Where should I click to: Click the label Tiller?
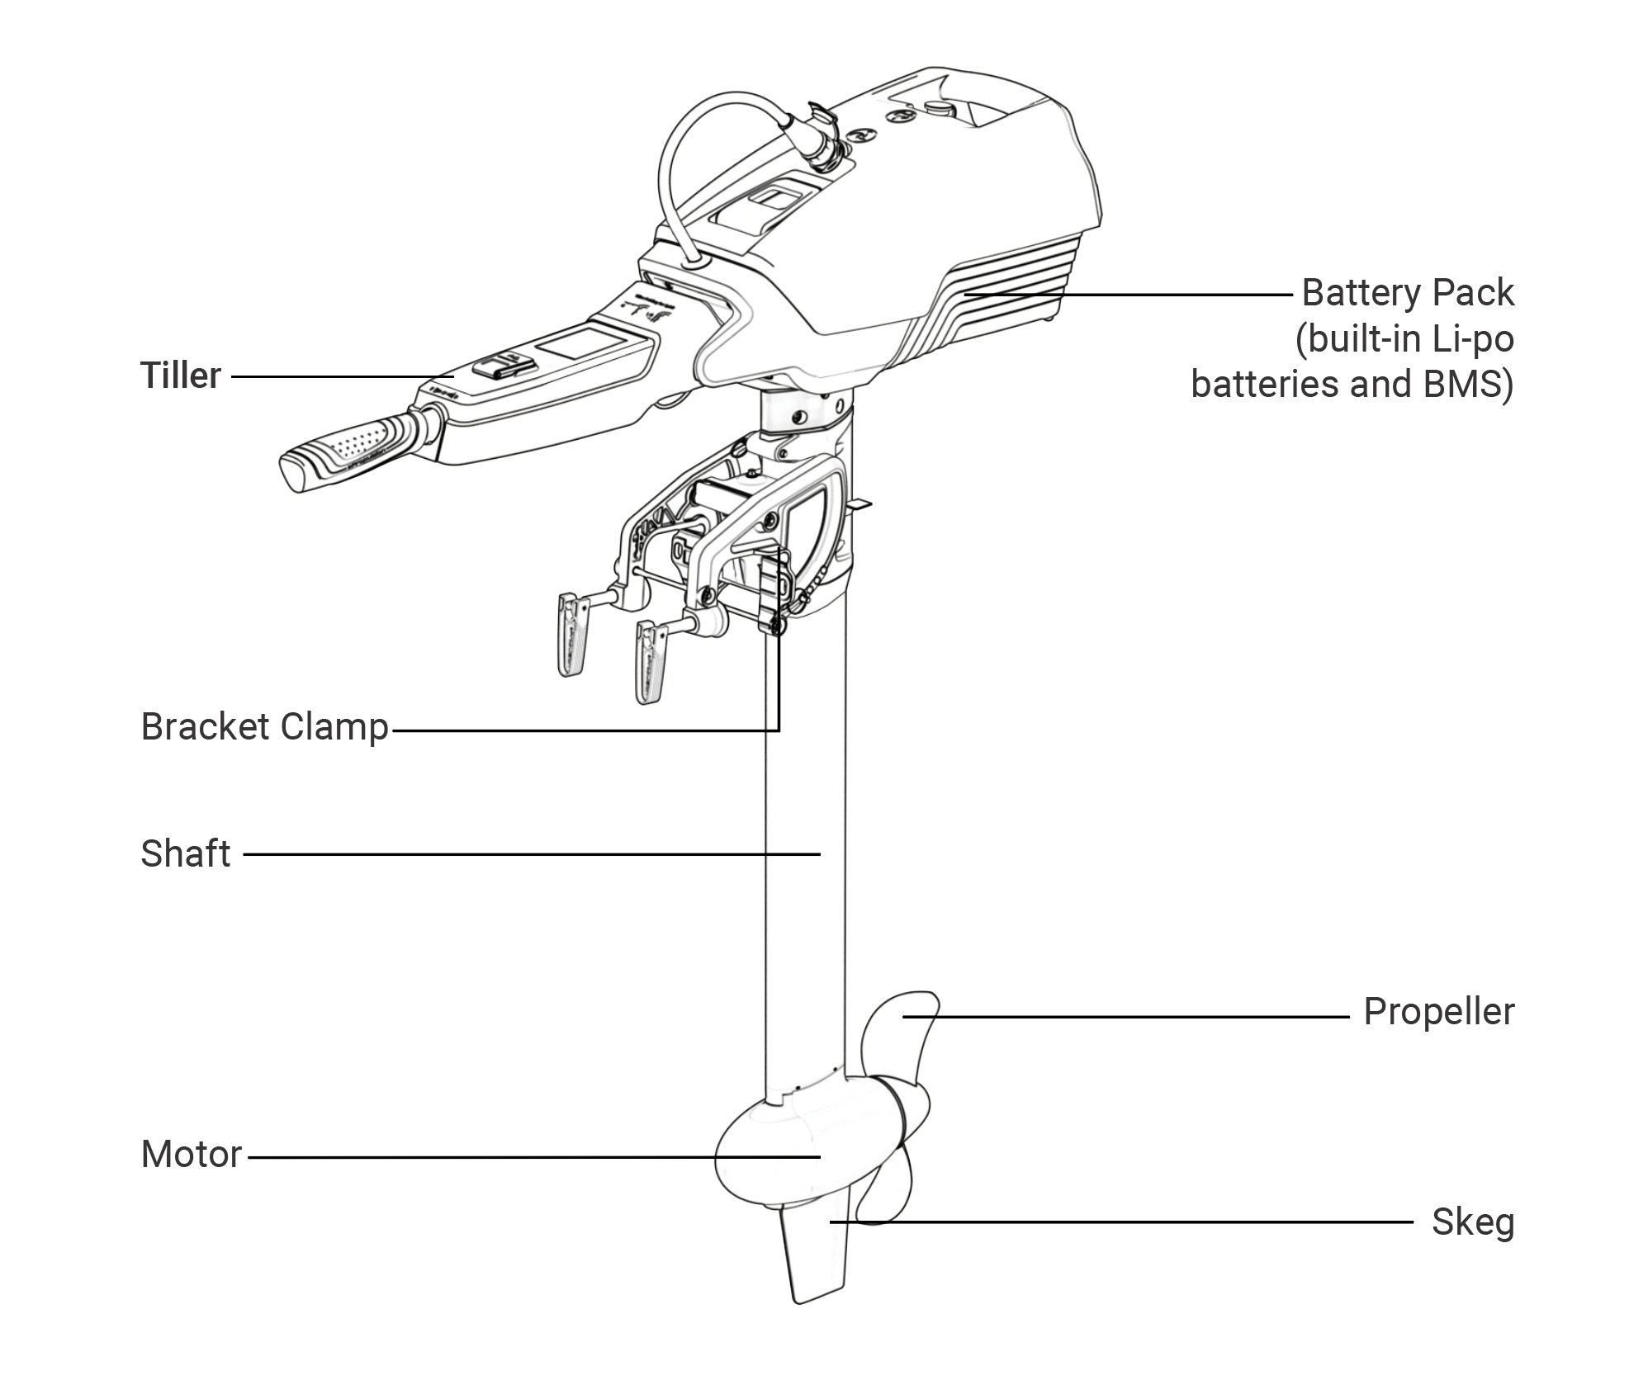click(180, 376)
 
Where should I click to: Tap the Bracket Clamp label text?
click(264, 727)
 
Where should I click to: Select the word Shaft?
click(185, 854)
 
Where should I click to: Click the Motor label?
click(191, 1155)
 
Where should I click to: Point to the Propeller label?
click(1438, 1012)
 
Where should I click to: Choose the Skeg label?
click(1472, 1222)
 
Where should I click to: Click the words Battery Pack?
click(1407, 293)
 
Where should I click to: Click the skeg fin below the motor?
click(813, 1263)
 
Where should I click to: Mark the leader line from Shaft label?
click(528, 854)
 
